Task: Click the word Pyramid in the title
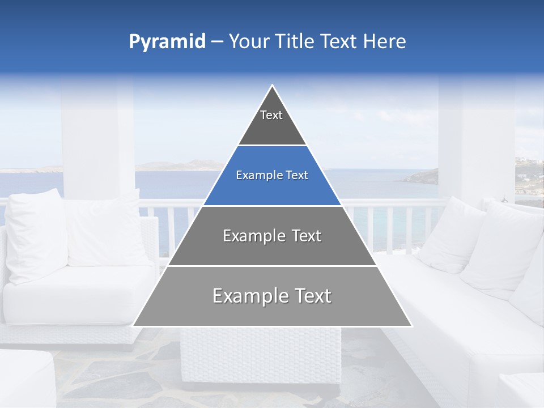(x=167, y=42)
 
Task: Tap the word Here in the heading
(x=385, y=42)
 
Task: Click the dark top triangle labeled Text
(x=271, y=122)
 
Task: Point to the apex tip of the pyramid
(x=272, y=86)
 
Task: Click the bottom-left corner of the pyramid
(x=134, y=325)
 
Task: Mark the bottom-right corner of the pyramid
(x=411, y=325)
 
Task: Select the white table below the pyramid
(x=260, y=357)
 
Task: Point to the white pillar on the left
(x=97, y=142)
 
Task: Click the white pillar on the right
(x=476, y=136)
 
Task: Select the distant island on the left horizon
(x=170, y=165)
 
